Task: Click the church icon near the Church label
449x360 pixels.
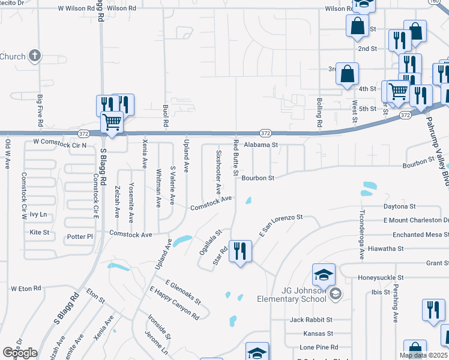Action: click(35, 56)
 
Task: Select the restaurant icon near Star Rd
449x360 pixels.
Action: click(240, 251)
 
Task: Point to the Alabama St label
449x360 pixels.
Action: click(261, 145)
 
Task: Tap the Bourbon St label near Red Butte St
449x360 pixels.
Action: click(258, 178)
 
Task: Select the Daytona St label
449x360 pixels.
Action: click(400, 206)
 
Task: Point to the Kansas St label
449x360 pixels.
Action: click(318, 333)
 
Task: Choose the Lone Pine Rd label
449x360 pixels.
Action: click(319, 347)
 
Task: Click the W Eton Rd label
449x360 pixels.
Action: click(26, 289)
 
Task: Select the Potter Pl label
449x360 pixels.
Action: click(80, 236)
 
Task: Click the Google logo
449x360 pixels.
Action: click(20, 353)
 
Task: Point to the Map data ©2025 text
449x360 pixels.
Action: click(423, 355)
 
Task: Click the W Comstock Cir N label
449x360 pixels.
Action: click(60, 145)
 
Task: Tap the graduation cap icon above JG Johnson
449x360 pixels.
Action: click(323, 276)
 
